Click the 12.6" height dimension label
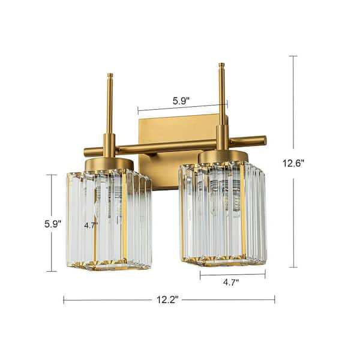pyautogui.click(x=293, y=163)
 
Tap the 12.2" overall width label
pyautogui.click(x=167, y=299)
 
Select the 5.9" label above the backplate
pyautogui.click(x=181, y=101)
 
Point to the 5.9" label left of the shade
pyautogui.click(x=53, y=224)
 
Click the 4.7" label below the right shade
pyautogui.click(x=231, y=282)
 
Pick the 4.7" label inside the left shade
pyautogui.click(x=91, y=226)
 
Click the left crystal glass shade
pyautogui.click(x=109, y=219)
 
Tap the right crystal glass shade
pyautogui.click(x=223, y=214)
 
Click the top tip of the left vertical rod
pyautogui.click(x=110, y=74)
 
